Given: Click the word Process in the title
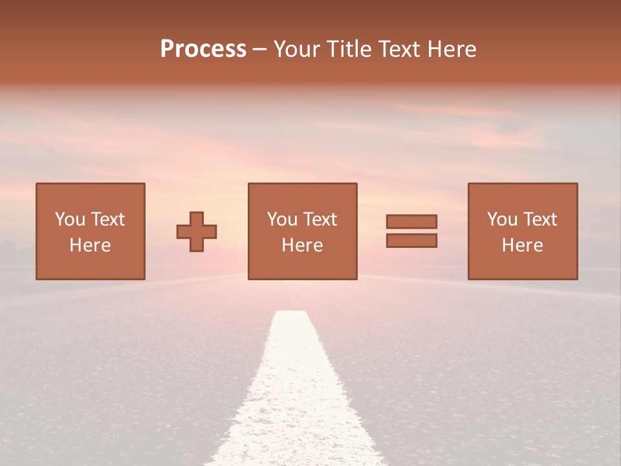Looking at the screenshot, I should pyautogui.click(x=203, y=49).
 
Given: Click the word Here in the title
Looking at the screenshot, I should pyautogui.click(x=453, y=49).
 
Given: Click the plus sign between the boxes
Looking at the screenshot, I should pyautogui.click(x=197, y=232).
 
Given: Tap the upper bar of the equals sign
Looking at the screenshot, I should pyautogui.click(x=411, y=221).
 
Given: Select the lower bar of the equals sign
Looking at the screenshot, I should pyautogui.click(x=411, y=241).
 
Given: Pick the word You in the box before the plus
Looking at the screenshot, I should pyautogui.click(x=70, y=219).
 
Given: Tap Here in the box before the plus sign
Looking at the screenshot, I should pyautogui.click(x=90, y=245).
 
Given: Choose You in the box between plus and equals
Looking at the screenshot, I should pyautogui.click(x=282, y=219).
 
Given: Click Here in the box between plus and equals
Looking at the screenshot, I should pyautogui.click(x=302, y=245).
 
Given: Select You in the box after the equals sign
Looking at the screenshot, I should pyautogui.click(x=503, y=219).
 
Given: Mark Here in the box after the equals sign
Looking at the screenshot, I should pyautogui.click(x=522, y=245).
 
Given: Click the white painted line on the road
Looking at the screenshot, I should pyautogui.click(x=294, y=388).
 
